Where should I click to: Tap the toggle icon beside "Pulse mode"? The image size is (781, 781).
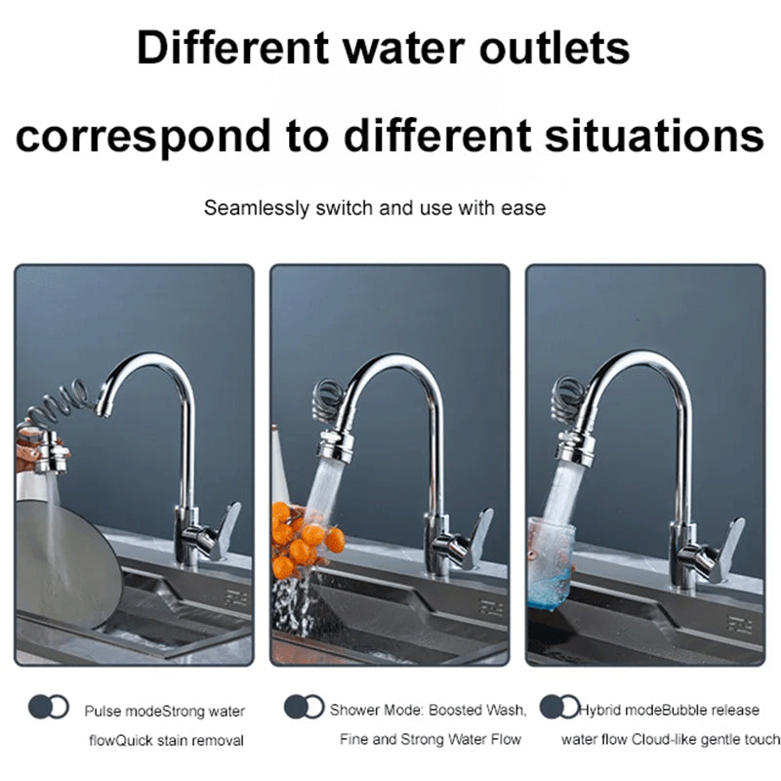click(x=49, y=707)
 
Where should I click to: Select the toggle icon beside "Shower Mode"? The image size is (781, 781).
click(x=304, y=707)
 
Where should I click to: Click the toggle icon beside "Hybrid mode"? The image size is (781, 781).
click(x=559, y=707)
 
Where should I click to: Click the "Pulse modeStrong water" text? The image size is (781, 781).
click(x=164, y=712)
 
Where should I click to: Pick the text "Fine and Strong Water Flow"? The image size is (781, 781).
click(x=431, y=739)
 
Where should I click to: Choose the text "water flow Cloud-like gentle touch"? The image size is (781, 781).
click(x=671, y=739)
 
